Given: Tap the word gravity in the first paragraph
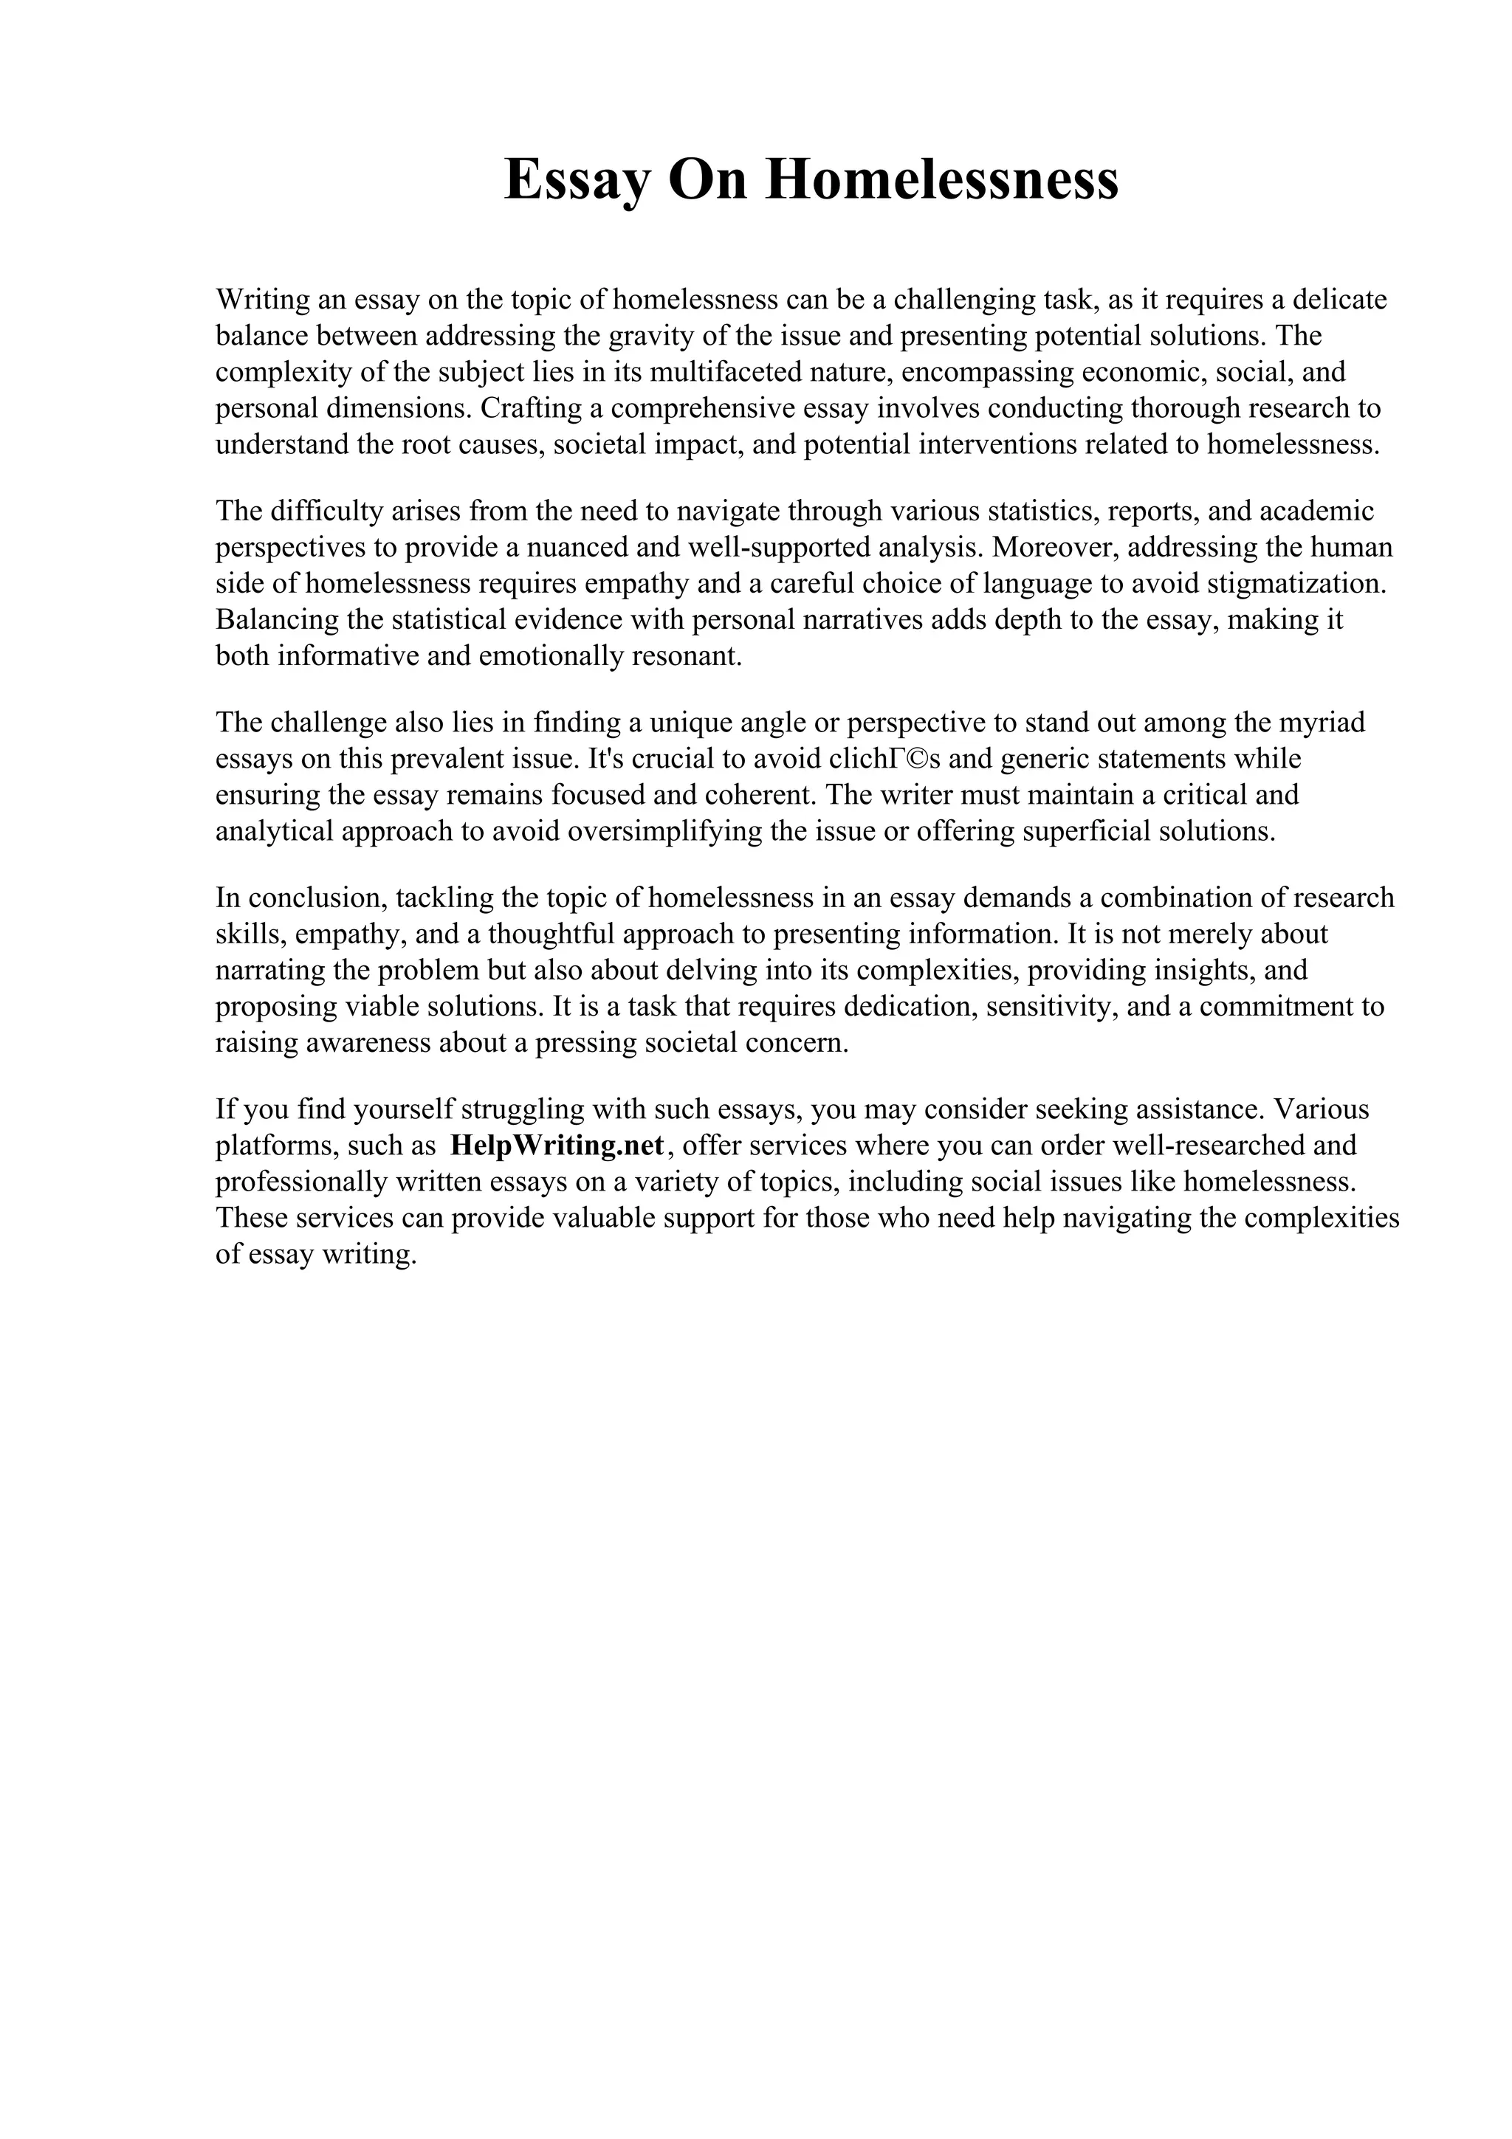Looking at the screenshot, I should click(642, 335).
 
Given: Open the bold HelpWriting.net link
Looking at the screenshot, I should click(556, 1146).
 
